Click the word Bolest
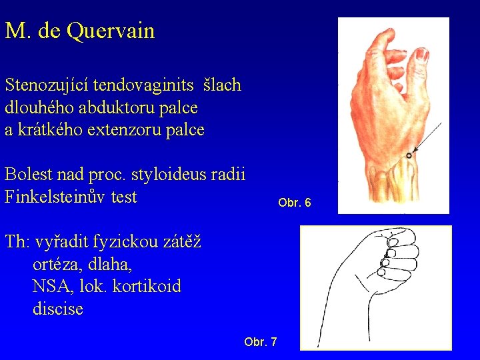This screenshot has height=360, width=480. (x=29, y=175)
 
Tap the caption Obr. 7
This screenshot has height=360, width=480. (x=261, y=342)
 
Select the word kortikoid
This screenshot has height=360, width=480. (x=145, y=287)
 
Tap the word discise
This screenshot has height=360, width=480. (x=57, y=309)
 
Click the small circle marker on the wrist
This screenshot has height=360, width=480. (x=409, y=155)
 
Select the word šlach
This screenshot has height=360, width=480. (x=223, y=85)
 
